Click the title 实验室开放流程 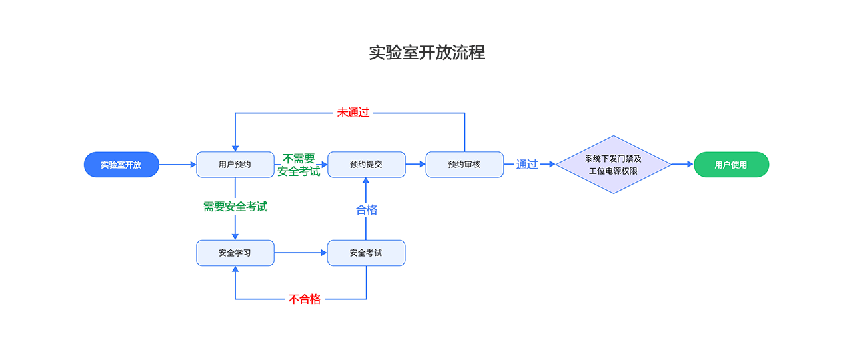click(x=426, y=53)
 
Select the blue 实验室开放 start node click(x=121, y=165)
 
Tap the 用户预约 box click(x=235, y=165)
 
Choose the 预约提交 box click(x=366, y=165)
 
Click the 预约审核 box click(x=464, y=165)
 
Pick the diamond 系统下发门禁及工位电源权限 click(x=613, y=165)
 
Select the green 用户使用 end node click(x=731, y=165)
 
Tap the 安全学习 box click(x=235, y=253)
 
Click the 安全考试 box click(x=366, y=253)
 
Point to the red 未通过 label click(x=353, y=113)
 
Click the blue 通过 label click(x=526, y=165)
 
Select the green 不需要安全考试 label click(x=298, y=165)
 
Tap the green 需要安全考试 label click(x=235, y=207)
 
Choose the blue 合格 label click(x=366, y=210)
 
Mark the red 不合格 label click(x=305, y=299)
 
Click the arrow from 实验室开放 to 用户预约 click(x=177, y=165)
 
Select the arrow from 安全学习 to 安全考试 click(x=300, y=253)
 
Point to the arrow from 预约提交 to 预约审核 click(x=415, y=164)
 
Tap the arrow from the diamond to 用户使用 click(x=682, y=164)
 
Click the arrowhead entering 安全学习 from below click(x=235, y=270)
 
